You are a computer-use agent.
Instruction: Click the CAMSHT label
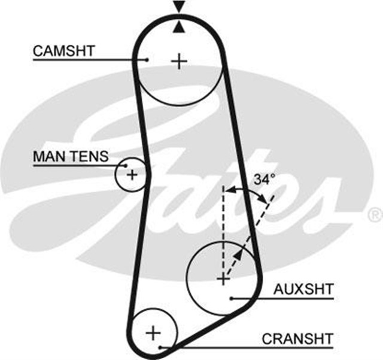point(63,50)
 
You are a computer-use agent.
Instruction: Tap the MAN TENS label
point(71,157)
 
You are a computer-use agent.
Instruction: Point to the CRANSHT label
point(297,338)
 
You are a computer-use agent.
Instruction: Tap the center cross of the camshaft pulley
point(179,60)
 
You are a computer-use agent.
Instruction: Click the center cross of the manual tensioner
point(132,175)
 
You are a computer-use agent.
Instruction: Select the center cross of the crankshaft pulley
point(154,331)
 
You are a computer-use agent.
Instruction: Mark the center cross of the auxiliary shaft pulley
point(223,279)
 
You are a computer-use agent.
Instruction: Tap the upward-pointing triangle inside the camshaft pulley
point(178,27)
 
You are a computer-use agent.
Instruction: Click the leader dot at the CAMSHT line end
point(147,59)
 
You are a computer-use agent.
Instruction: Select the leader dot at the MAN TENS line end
point(126,165)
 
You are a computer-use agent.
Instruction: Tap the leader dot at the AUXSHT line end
point(231,298)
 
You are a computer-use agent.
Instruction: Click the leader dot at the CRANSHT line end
point(161,347)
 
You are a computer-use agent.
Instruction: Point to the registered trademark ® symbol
point(375,213)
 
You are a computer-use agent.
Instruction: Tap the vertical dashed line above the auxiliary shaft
point(223,222)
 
